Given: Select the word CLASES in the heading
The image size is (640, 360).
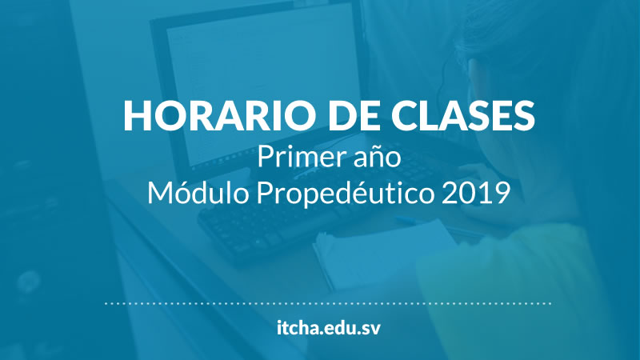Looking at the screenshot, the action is click(x=463, y=115).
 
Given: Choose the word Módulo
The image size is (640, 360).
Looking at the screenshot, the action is click(x=198, y=193).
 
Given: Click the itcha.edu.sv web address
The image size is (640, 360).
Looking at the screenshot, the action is click(x=328, y=328).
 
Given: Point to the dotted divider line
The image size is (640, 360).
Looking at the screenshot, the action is click(x=328, y=303).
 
